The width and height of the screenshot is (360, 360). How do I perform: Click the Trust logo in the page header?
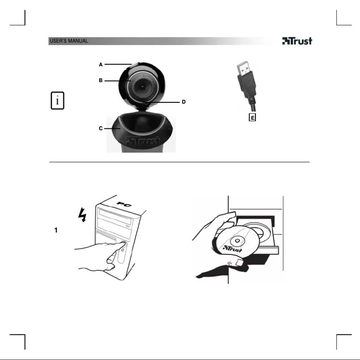(x=297, y=41)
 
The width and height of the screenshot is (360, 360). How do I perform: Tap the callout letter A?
(x=101, y=65)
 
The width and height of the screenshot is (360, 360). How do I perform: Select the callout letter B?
(x=101, y=81)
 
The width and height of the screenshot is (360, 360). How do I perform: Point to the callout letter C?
(x=101, y=128)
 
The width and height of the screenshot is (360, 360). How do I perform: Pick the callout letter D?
(x=183, y=102)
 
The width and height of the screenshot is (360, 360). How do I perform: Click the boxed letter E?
(x=252, y=118)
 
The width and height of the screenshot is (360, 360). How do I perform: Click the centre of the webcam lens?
(x=141, y=84)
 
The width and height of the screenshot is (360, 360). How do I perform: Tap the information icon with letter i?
(x=57, y=101)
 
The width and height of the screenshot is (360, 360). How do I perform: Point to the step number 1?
(x=56, y=230)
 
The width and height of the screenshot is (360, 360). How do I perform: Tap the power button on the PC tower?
(x=123, y=246)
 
